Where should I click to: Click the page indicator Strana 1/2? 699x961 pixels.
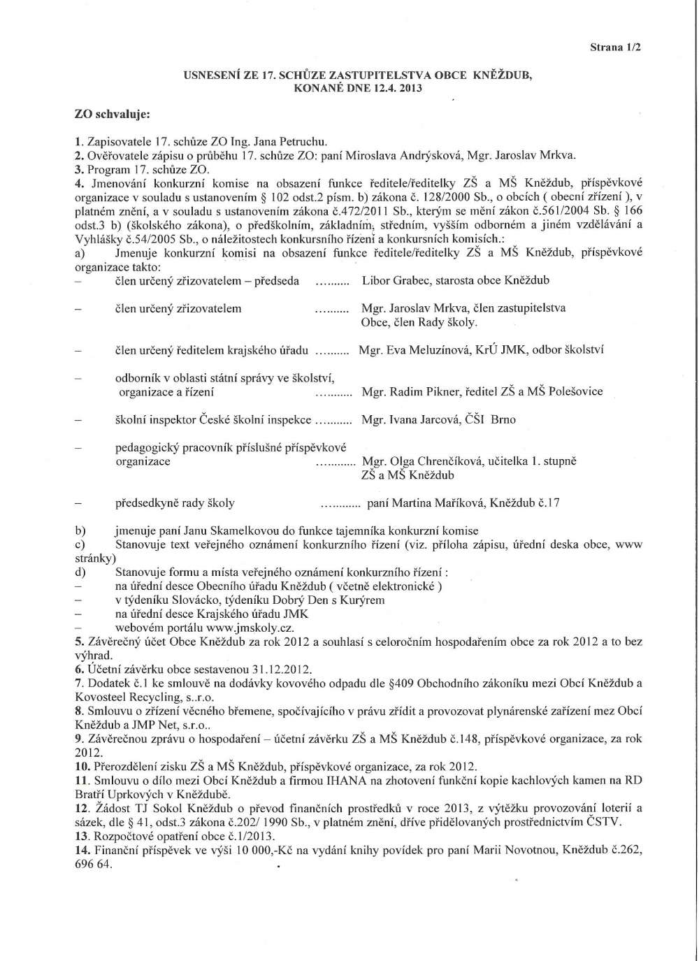click(x=615, y=48)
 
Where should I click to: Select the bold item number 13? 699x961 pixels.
click(x=82, y=836)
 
